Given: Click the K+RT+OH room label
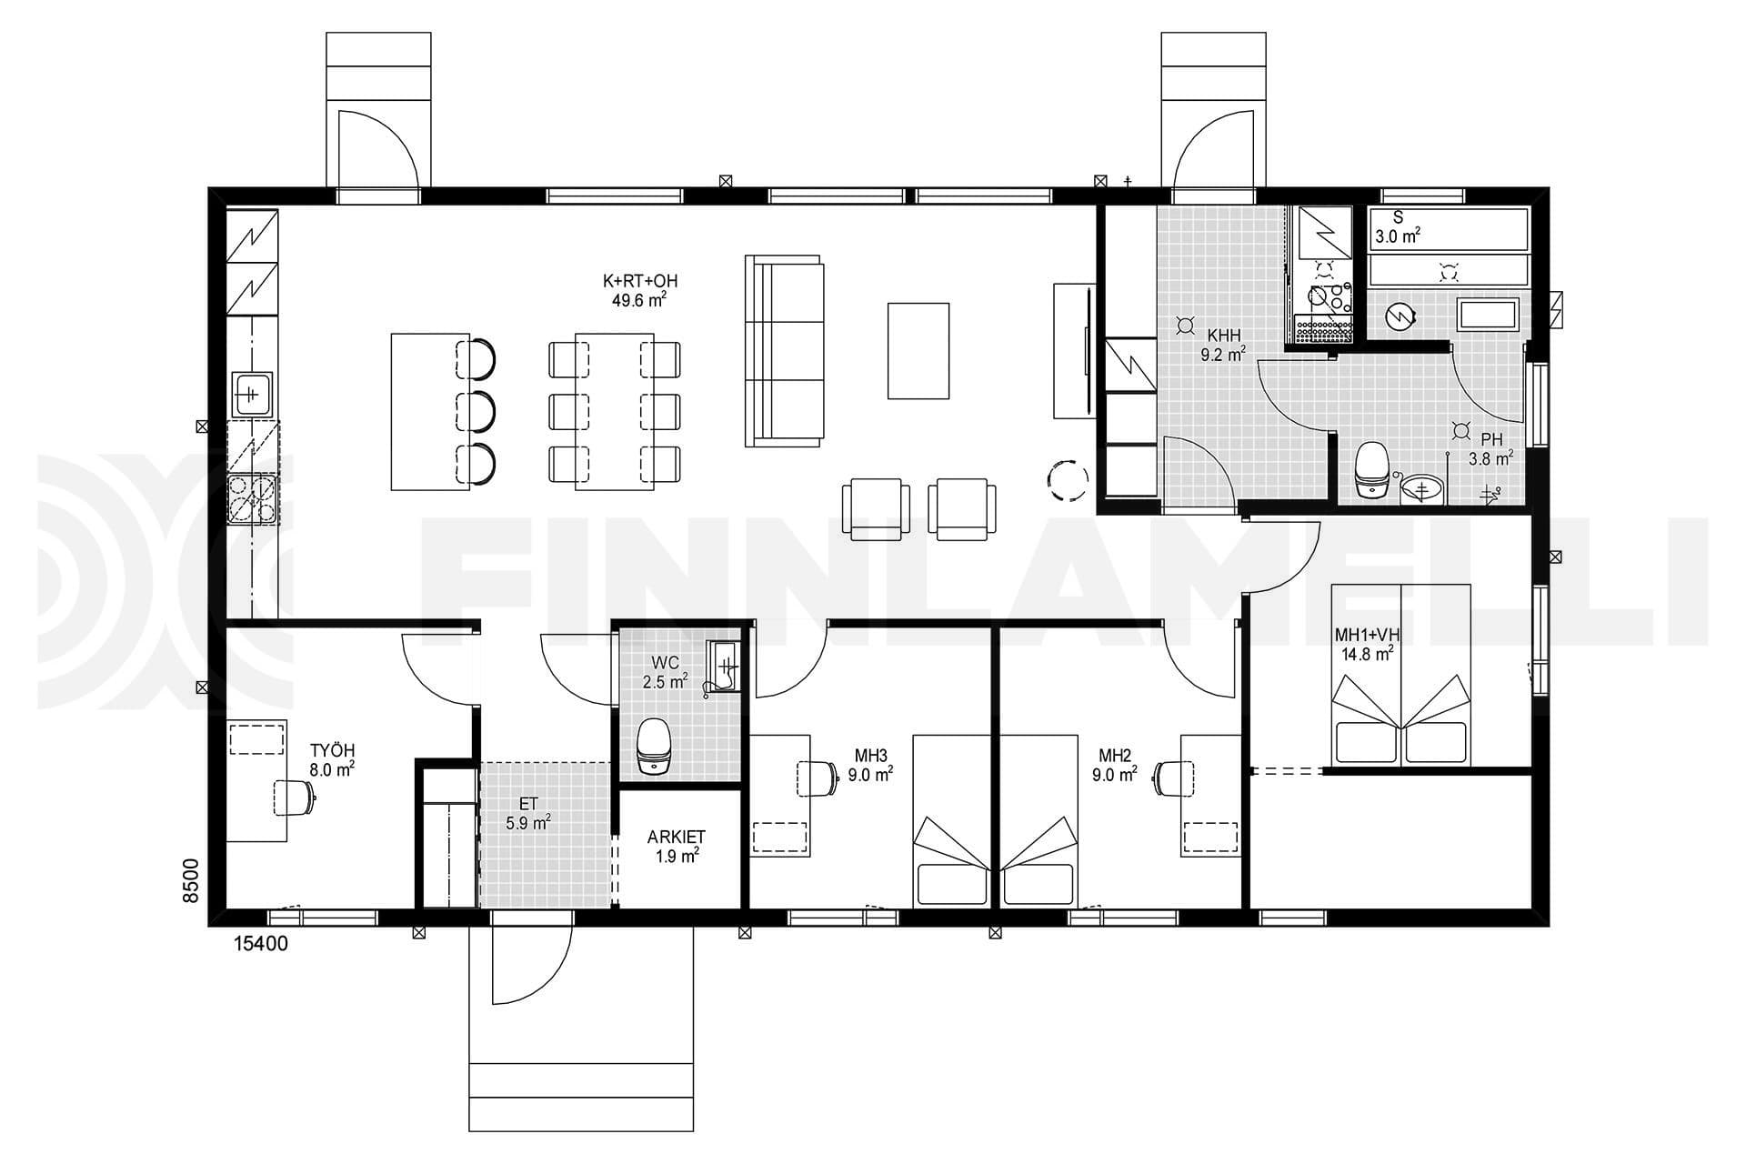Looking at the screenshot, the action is [x=640, y=281].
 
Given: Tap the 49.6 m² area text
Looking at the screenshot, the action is [x=640, y=300].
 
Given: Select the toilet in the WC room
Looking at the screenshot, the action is [x=653, y=746].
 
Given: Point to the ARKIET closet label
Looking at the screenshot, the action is [x=676, y=837].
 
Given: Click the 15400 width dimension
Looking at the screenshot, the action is [x=261, y=944].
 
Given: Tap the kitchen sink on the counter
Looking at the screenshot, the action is [x=252, y=395].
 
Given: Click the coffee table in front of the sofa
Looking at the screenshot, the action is [x=918, y=351].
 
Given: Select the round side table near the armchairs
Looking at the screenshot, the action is [x=1068, y=479].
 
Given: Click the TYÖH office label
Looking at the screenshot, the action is [x=332, y=750].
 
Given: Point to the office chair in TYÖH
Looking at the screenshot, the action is [x=295, y=798].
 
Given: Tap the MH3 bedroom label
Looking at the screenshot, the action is [x=870, y=755].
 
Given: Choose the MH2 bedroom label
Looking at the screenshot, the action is [x=1114, y=755].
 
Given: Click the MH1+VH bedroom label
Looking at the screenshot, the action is [x=1367, y=634].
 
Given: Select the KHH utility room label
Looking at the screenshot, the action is [x=1223, y=336].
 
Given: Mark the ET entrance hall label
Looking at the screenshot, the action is [x=528, y=803].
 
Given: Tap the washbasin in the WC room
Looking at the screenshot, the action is [x=724, y=667].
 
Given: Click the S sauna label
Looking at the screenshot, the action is [x=1399, y=218].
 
